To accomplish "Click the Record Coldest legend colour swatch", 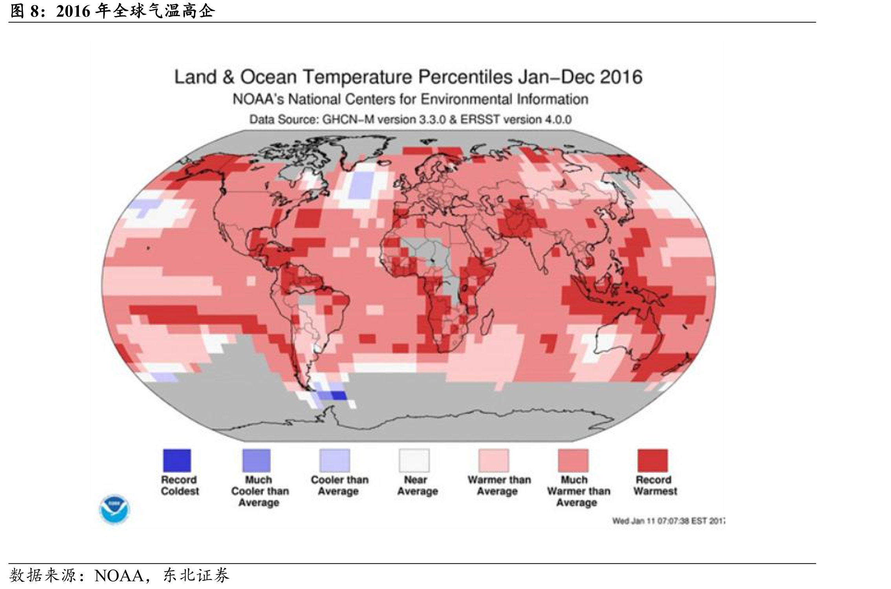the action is point(177,460).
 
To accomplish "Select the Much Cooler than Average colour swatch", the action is point(257,460).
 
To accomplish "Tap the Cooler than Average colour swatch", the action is point(335,460).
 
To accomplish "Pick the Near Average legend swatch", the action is point(414,460).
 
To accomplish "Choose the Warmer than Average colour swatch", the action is point(494,460).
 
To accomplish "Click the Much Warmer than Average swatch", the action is point(573,460).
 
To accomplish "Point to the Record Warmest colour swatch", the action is point(653,460).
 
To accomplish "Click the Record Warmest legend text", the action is point(655,485).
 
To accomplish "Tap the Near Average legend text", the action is point(417,485).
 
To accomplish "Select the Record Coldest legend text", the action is point(180,485).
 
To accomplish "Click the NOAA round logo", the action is point(114,509).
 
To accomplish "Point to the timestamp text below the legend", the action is point(668,521).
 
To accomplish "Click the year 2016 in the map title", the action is point(621,77).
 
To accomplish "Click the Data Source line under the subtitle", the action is point(411,119).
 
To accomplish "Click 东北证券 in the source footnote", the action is point(196,576).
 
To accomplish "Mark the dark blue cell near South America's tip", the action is point(339,395).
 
